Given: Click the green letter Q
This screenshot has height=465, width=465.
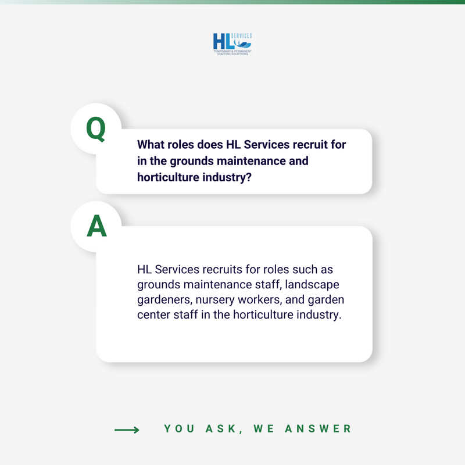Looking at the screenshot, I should point(96,129).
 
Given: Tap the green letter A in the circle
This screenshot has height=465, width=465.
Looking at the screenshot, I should point(96,227).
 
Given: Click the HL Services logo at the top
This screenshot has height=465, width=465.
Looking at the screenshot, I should point(233,44).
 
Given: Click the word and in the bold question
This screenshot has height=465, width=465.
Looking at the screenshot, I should point(298,160).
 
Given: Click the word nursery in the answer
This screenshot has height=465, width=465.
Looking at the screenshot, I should point(216,301).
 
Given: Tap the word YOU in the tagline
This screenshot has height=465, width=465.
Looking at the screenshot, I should point(177,429).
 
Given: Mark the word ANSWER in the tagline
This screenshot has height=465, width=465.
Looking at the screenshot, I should point(320,429).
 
